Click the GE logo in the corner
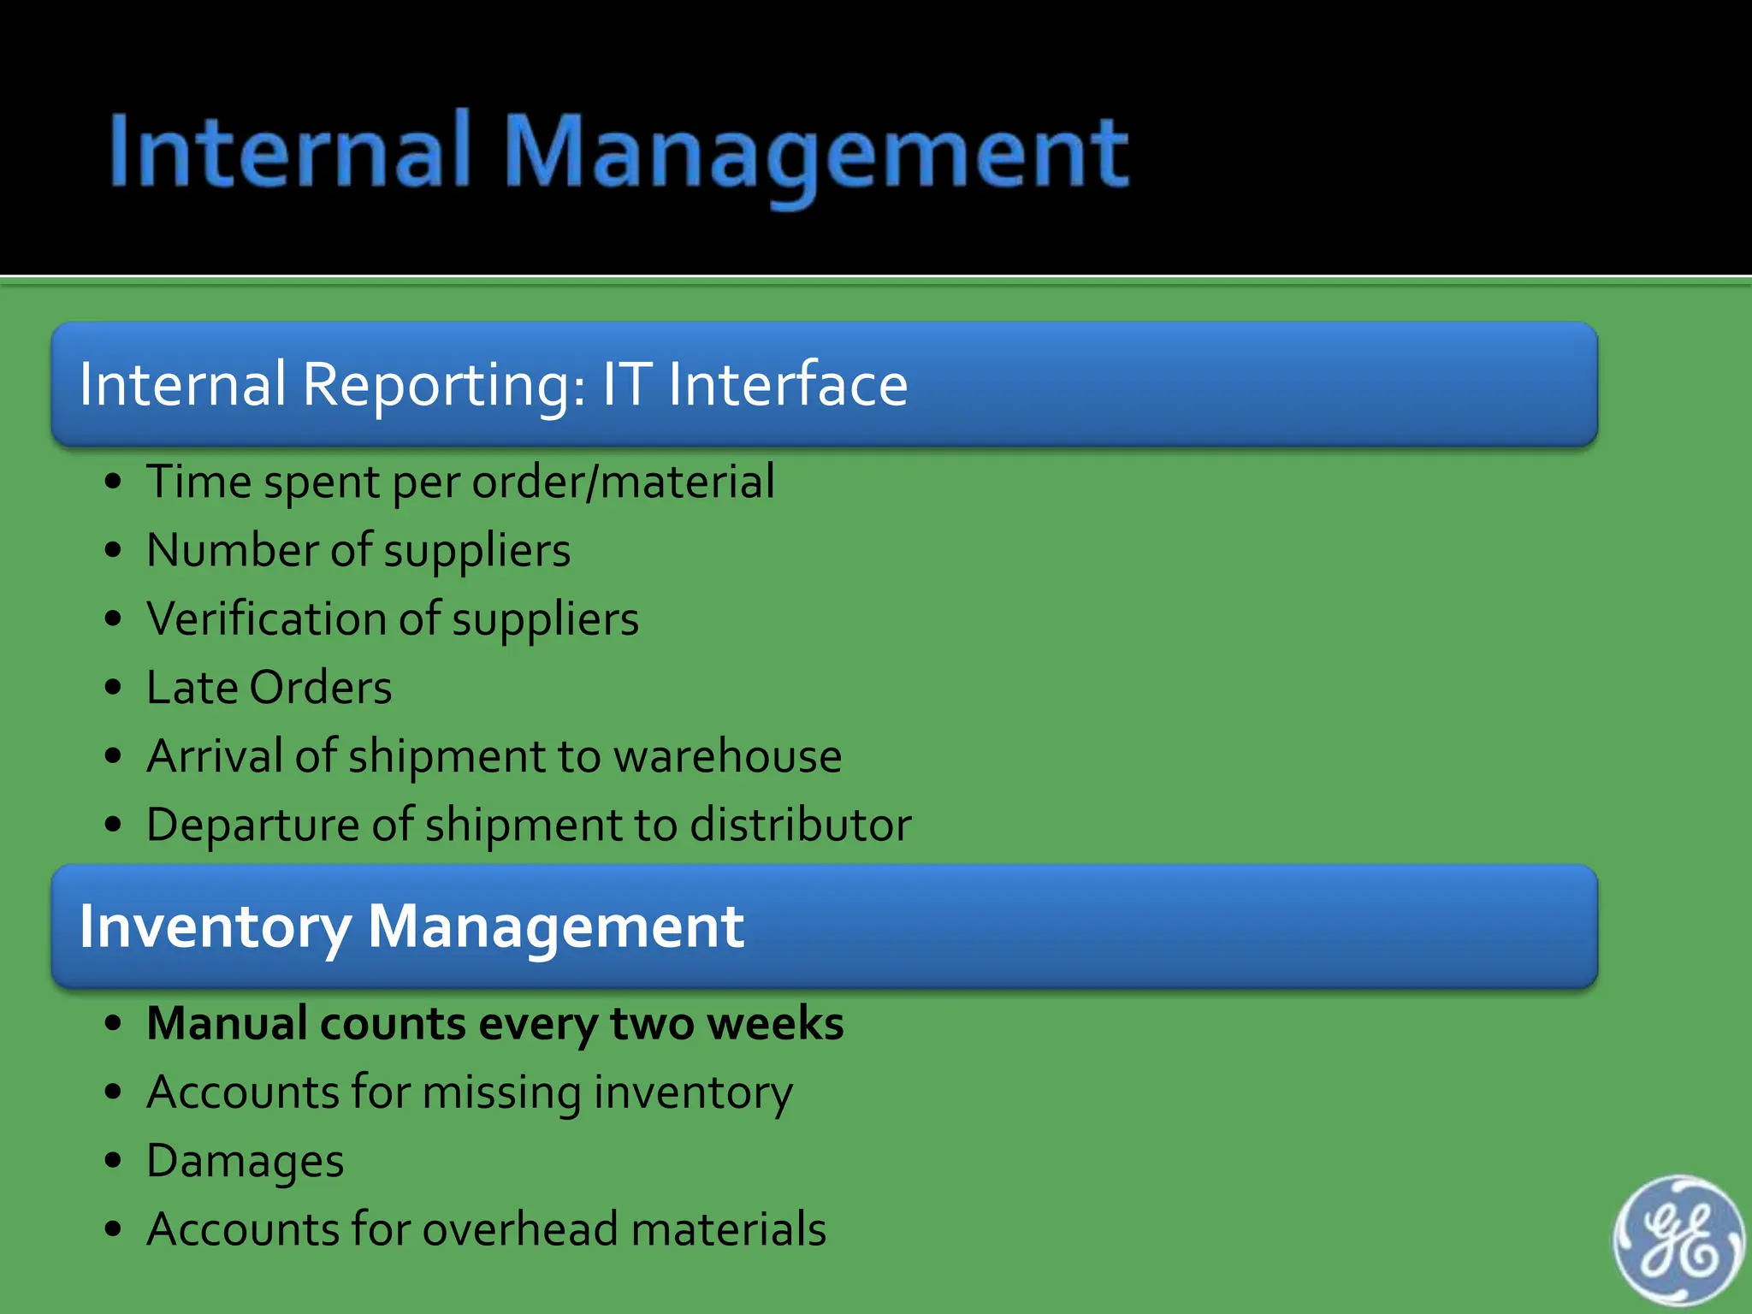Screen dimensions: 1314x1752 [1677, 1240]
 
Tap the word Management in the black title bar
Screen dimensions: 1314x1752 [816, 154]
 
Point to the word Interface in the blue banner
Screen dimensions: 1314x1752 [787, 385]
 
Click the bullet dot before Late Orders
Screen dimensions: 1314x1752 [113, 688]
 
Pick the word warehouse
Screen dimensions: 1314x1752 [727, 756]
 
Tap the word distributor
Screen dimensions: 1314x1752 [800, 825]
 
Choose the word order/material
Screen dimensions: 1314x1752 [623, 482]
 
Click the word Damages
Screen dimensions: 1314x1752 [245, 1162]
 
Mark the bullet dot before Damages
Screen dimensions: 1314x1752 [113, 1161]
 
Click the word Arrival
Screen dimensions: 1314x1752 [214, 756]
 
